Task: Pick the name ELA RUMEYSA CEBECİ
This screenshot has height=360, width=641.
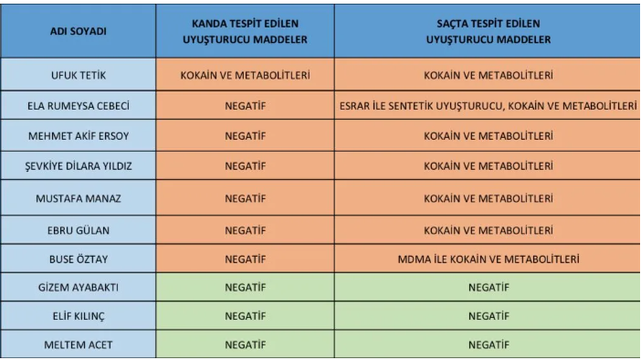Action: [x=78, y=106]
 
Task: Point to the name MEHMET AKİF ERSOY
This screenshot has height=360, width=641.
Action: [x=78, y=136]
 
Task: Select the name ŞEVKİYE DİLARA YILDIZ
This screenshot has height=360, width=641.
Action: [x=78, y=166]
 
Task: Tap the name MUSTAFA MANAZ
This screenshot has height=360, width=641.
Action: [x=78, y=197]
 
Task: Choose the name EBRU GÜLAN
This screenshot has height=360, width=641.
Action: [x=78, y=228]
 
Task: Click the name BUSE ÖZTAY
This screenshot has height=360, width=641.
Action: [x=78, y=259]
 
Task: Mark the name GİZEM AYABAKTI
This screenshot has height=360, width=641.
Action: [x=78, y=288]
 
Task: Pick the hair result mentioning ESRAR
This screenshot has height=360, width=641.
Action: [x=488, y=106]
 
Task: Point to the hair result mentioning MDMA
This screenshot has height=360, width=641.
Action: [x=488, y=259]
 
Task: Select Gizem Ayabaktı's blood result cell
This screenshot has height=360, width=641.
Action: [x=245, y=288]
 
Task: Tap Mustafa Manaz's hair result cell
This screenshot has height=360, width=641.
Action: [x=488, y=197]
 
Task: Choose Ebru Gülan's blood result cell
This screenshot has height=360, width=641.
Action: [x=245, y=228]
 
